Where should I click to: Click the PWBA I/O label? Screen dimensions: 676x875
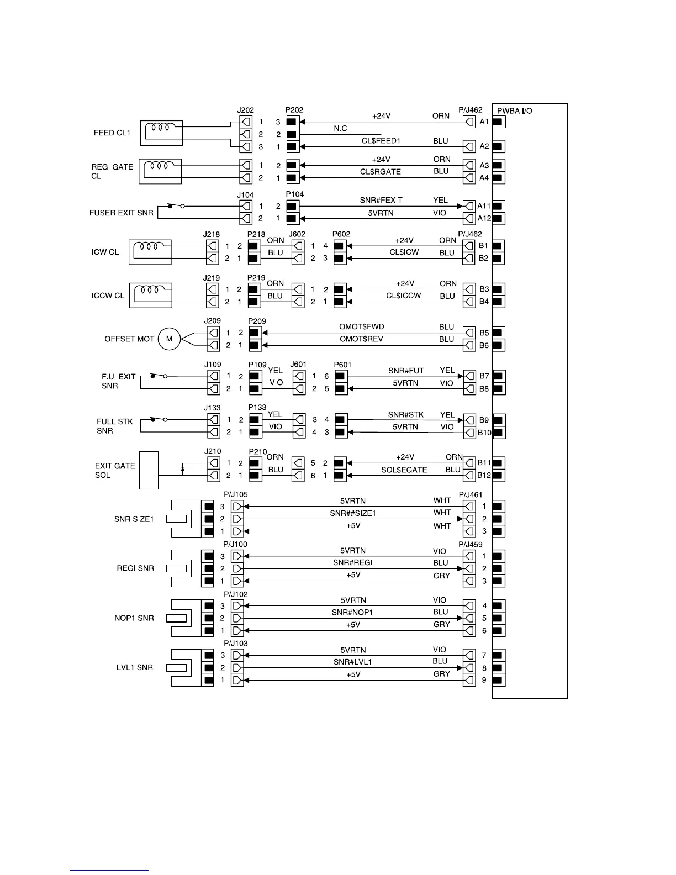(515, 111)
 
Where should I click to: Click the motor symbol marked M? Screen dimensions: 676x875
(170, 339)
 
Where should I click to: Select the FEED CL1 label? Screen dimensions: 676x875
(112, 133)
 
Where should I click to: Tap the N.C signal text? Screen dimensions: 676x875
(340, 129)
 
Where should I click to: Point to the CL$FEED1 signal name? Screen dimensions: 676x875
(381, 141)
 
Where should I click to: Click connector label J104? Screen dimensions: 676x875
(245, 195)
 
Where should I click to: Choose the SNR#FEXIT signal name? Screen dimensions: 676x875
(381, 200)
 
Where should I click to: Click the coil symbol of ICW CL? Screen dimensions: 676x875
(150, 246)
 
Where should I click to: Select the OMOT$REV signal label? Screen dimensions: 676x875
(361, 339)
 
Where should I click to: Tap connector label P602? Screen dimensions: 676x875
(341, 234)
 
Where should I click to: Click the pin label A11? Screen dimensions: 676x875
(484, 206)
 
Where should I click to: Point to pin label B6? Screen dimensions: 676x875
(484, 345)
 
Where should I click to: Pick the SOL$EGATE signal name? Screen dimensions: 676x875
(404, 470)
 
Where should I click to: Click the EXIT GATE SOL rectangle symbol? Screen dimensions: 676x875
(149, 470)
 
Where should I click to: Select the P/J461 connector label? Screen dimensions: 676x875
(471, 494)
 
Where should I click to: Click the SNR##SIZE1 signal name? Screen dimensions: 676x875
(353, 513)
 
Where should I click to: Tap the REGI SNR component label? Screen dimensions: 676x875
(135, 568)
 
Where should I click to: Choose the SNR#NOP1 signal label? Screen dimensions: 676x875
(352, 612)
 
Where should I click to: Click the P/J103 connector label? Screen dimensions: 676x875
(236, 644)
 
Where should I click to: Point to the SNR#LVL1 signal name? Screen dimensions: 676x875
(352, 662)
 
